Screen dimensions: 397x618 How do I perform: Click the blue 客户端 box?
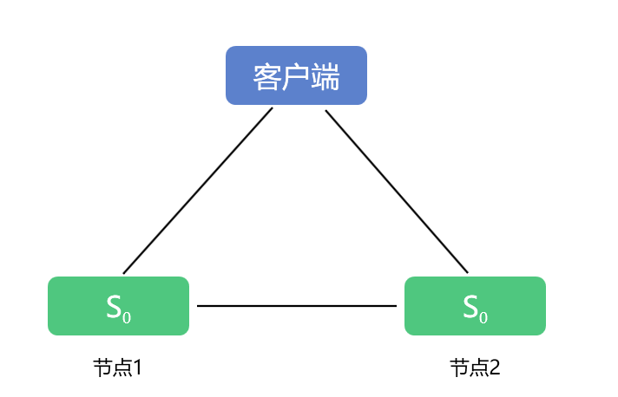click(296, 75)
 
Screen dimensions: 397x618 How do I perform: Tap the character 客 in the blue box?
click(266, 77)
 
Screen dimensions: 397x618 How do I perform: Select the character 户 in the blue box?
click(296, 77)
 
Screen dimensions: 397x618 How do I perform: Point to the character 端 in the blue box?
click(325, 77)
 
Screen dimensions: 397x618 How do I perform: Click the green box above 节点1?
click(118, 306)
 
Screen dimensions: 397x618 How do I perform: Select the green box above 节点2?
click(475, 306)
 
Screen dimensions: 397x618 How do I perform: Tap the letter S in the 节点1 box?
click(114, 305)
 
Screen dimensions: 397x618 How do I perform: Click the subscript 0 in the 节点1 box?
click(127, 317)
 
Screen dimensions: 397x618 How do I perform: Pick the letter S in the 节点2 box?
click(470, 305)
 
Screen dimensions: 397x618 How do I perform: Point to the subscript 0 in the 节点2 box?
click(483, 317)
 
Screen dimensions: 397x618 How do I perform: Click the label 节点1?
click(117, 368)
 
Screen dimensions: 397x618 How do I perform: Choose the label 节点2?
click(475, 368)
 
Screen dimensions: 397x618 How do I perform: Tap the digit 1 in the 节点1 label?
click(136, 368)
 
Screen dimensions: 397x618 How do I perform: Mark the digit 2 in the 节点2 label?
click(495, 368)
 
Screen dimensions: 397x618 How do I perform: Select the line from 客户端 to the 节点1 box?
click(198, 191)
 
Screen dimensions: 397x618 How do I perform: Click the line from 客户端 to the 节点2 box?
click(397, 191)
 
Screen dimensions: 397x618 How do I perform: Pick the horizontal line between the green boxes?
click(297, 306)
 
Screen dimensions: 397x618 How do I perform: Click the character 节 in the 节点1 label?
click(102, 368)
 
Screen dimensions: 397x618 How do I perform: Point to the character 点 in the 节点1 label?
click(121, 368)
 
